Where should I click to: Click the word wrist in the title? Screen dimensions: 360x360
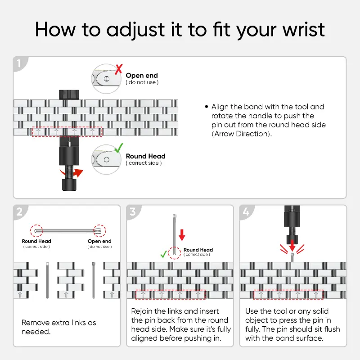303,29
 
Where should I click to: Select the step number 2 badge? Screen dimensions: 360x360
20,211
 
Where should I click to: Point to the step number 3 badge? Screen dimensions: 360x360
133,211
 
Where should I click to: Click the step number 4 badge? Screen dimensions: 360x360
246,211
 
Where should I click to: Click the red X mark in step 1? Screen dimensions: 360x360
118,69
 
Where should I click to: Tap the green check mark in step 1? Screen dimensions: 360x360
119,148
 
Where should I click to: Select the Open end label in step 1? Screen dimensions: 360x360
142,76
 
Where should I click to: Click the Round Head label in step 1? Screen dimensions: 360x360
145,156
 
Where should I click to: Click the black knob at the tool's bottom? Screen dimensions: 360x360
69,185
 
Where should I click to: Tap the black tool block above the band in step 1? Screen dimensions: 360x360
69,95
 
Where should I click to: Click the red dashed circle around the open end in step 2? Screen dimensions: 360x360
99,231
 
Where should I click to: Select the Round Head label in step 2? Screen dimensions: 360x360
36,241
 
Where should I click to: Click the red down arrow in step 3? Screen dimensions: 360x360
182,235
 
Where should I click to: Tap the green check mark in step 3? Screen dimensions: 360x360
164,254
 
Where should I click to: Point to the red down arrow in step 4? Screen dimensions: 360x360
292,246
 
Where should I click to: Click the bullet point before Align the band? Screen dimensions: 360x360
207,107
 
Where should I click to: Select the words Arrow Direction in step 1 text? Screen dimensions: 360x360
241,134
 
